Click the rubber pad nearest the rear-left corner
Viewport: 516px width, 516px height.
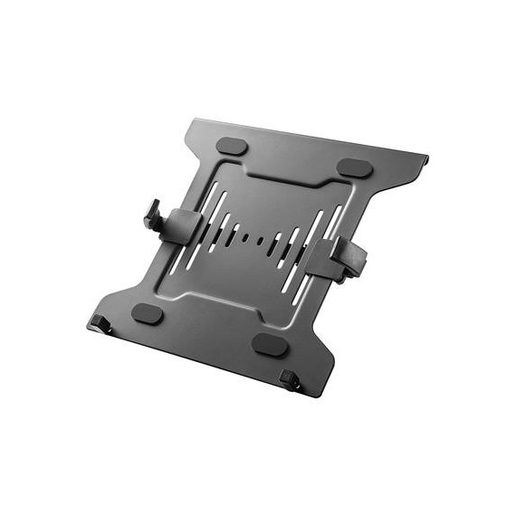coord(233,146)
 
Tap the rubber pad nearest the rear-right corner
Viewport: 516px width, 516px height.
coord(355,167)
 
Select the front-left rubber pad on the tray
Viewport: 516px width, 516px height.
coord(147,314)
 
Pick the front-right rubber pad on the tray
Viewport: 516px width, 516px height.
coord(270,343)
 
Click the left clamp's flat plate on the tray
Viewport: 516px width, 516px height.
coord(184,224)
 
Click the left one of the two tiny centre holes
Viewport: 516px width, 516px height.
coord(246,237)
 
